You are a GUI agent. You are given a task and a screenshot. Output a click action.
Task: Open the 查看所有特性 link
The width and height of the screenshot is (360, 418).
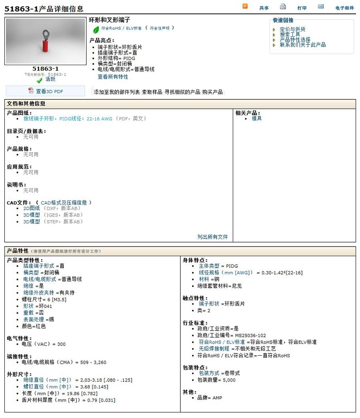(x=113, y=76)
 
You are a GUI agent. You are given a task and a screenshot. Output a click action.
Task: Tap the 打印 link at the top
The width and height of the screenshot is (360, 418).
(x=302, y=8)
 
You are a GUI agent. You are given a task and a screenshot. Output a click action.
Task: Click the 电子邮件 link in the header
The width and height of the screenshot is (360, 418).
(x=344, y=8)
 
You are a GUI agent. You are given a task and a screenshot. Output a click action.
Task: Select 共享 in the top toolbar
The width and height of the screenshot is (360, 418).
(x=264, y=8)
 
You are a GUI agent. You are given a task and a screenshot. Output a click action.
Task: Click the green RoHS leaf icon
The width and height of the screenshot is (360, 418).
(x=96, y=30)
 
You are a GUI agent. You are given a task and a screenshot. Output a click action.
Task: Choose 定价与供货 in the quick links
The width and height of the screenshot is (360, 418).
(x=292, y=29)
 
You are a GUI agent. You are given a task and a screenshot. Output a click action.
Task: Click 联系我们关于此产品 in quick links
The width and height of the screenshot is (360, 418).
(x=302, y=45)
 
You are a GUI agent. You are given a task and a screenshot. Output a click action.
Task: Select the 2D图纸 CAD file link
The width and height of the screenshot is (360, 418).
(x=31, y=208)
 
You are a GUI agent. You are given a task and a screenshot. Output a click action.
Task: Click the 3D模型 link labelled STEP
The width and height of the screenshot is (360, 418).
(x=31, y=222)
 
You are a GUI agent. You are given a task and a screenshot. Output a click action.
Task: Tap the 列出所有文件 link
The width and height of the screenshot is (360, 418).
(x=212, y=237)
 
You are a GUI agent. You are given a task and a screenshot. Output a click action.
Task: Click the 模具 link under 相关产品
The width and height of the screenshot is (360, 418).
(x=257, y=119)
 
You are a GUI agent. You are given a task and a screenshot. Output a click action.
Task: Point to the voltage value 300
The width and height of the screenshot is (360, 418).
(x=61, y=344)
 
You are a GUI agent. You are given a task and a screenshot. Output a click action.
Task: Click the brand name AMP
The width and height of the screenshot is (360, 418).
(x=217, y=398)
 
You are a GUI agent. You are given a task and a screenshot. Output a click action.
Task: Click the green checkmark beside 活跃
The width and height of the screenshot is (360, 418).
(x=39, y=80)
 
